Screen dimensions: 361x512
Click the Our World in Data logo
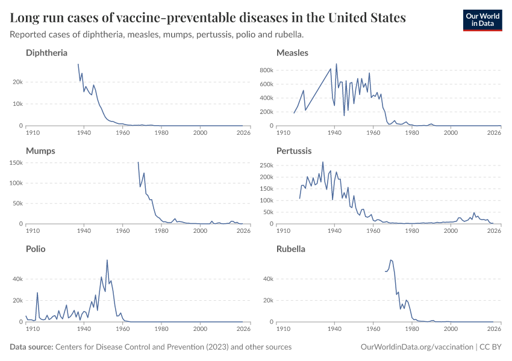[x=482, y=19]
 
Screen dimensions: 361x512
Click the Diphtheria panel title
[x=46, y=53]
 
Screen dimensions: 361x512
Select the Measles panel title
[x=292, y=53]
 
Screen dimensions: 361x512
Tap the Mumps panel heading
[x=40, y=151]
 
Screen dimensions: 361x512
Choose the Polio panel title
[x=36, y=249]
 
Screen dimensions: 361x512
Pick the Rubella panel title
[x=291, y=249]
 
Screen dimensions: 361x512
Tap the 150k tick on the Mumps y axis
[x=15, y=162]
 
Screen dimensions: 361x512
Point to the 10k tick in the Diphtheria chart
[x=18, y=104]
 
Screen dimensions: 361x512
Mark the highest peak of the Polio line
[x=107, y=260]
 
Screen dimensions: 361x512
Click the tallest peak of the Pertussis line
[x=323, y=162]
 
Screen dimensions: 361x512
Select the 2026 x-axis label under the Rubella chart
[x=494, y=329]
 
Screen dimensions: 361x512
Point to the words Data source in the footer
[x=31, y=347]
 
